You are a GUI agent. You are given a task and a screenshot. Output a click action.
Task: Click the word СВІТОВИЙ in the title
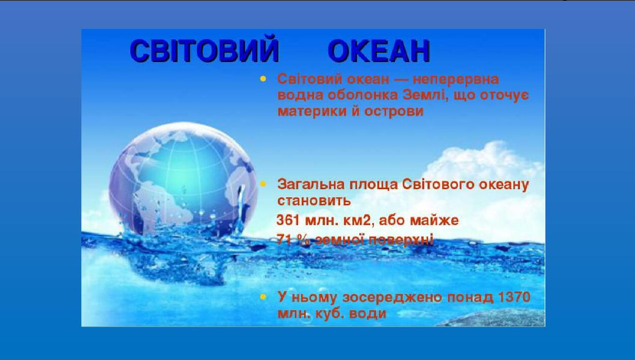205,51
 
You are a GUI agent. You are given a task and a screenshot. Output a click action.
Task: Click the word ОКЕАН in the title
378,51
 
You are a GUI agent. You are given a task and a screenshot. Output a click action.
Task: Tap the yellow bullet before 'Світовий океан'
263,79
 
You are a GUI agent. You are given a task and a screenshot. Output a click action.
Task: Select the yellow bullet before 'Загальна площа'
263,185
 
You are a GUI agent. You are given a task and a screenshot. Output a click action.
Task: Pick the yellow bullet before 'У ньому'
263,297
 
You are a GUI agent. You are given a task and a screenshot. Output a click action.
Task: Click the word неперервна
456,79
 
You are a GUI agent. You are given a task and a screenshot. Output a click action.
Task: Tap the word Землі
424,95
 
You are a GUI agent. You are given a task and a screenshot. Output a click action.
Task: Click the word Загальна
311,185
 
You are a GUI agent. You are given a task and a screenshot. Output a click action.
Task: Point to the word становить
314,201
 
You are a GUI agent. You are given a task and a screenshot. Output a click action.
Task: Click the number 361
288,221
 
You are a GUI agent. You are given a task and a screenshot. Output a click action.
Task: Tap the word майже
434,221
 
